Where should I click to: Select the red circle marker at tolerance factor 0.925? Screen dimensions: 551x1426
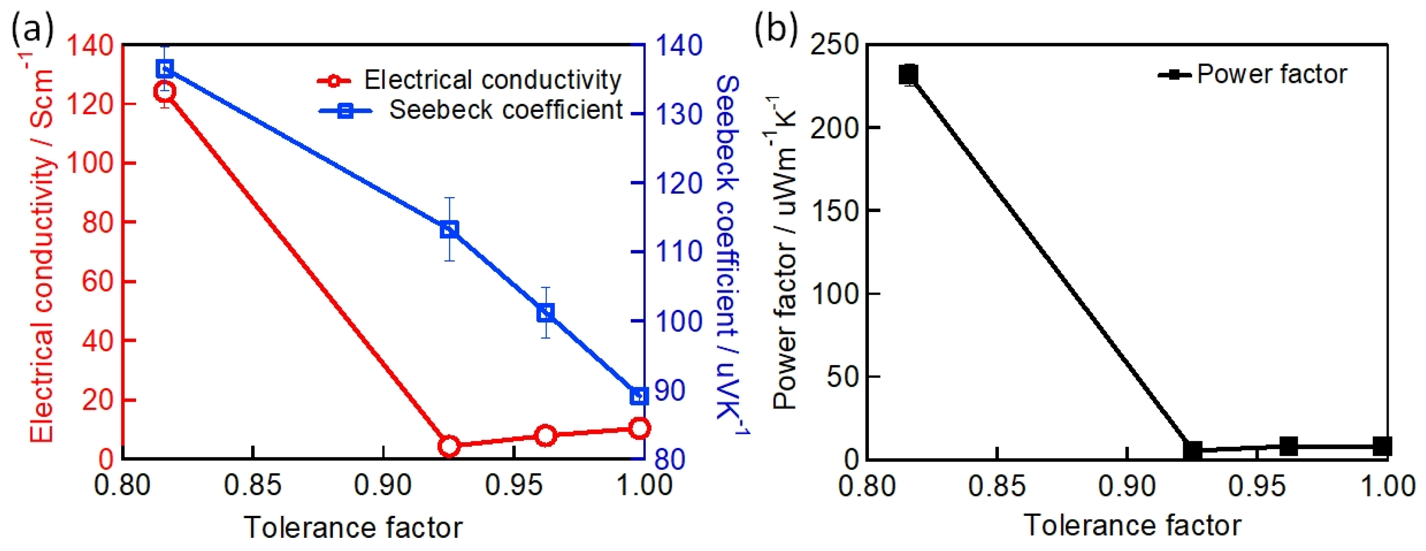(x=449, y=446)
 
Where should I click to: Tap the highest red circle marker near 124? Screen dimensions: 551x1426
(x=164, y=91)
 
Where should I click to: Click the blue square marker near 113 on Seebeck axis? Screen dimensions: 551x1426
(x=449, y=229)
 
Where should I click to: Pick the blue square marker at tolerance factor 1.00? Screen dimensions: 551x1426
(x=639, y=396)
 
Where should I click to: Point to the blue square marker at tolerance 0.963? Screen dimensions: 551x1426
(x=546, y=313)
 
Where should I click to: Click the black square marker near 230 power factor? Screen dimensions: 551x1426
(x=908, y=74)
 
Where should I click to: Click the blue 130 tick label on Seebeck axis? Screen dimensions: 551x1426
(x=679, y=115)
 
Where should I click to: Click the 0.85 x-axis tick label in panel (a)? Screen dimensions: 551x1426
(x=252, y=486)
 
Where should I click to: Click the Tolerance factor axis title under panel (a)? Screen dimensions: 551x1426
(x=353, y=527)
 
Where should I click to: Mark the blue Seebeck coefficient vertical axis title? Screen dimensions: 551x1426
(x=730, y=255)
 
